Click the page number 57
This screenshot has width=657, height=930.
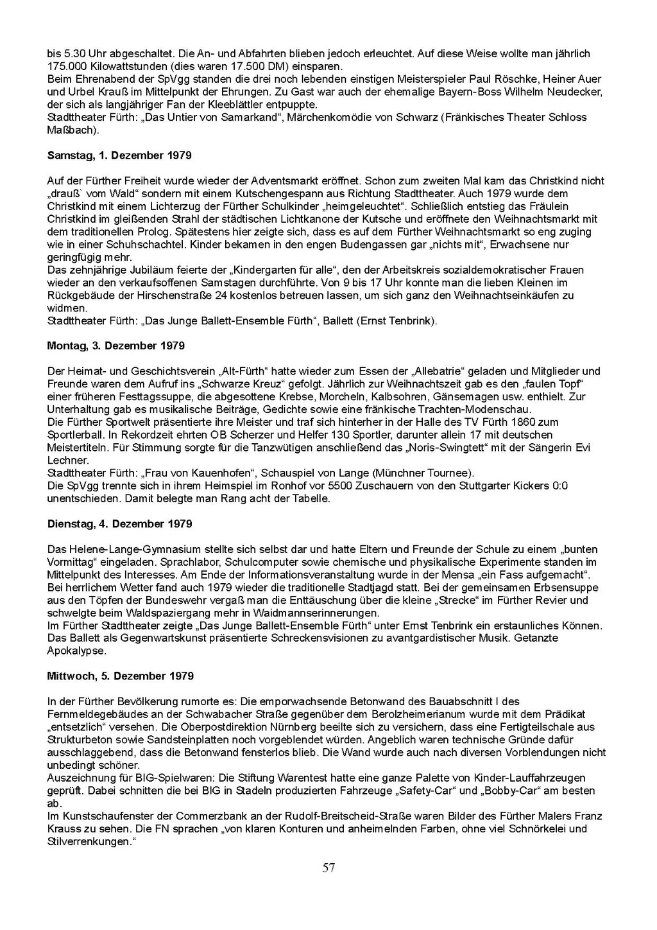click(x=328, y=868)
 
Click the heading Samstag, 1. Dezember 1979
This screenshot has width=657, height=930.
click(x=119, y=155)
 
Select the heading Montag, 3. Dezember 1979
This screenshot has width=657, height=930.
click(x=116, y=346)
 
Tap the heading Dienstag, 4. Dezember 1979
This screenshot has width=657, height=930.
click(x=120, y=523)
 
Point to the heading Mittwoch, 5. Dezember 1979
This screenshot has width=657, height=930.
click(x=121, y=676)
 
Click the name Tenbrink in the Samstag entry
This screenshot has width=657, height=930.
click(x=413, y=320)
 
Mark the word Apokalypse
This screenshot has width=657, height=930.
click(x=76, y=651)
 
